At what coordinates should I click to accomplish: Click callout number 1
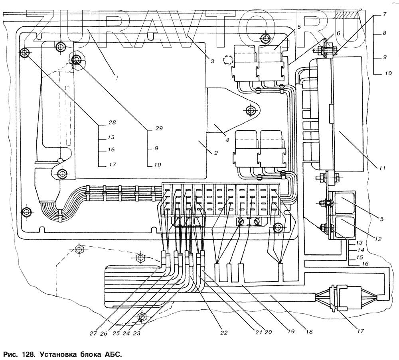coord(117,78)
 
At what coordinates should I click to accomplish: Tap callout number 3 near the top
coord(212,61)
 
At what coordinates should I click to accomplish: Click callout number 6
coord(338,33)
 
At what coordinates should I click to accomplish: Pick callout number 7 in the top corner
coord(384,14)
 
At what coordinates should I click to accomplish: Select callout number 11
coord(382,168)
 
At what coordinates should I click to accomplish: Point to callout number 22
coord(224,332)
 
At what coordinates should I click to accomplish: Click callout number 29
coord(159,128)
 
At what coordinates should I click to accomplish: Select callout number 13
coord(359,242)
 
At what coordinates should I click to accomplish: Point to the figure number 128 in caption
coord(27,354)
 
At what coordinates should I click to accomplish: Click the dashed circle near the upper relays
coord(228,60)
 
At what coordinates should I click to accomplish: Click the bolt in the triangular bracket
coord(251,110)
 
